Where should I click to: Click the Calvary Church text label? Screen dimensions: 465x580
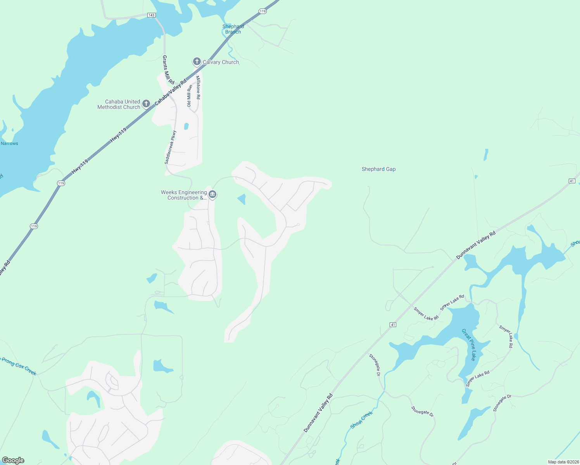221,62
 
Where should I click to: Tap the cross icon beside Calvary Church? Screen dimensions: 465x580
197,62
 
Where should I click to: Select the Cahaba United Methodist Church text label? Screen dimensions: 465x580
119,104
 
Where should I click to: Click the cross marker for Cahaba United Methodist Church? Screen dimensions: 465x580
146,103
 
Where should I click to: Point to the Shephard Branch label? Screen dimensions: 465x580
233,29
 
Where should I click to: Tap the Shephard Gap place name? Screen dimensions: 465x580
378,169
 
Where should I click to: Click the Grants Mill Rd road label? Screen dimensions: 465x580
168,70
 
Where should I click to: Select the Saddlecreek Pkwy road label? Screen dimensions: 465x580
171,147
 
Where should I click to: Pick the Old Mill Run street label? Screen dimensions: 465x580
189,95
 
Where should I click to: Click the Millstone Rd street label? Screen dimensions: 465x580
198,87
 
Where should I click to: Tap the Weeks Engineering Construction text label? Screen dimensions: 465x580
184,195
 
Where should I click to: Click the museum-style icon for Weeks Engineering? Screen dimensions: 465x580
212,194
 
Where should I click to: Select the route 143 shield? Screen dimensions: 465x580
151,15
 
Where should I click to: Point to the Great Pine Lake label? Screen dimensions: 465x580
468,344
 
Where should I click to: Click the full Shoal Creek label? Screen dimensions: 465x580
361,420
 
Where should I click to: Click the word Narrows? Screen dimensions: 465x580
9,143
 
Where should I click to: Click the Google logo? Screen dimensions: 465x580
13,460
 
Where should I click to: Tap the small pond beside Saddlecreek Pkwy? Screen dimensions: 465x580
186,126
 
